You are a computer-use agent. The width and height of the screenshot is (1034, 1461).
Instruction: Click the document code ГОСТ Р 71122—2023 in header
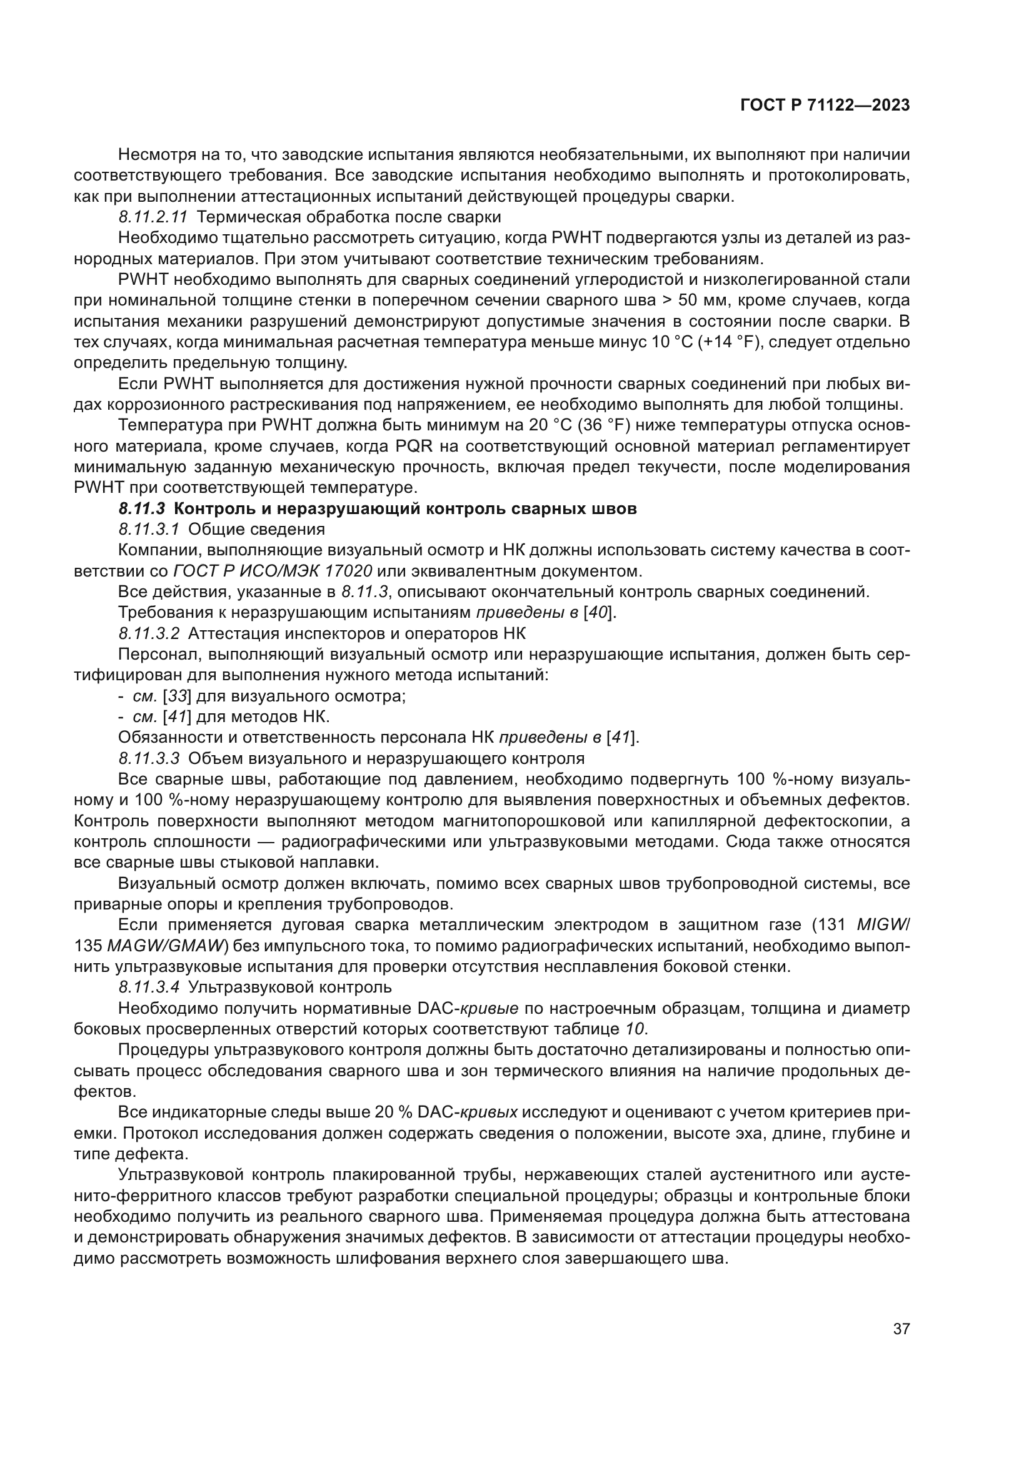click(825, 106)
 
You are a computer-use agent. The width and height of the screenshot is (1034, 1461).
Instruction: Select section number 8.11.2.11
click(153, 217)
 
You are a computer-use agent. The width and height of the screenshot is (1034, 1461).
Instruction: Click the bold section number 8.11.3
click(141, 509)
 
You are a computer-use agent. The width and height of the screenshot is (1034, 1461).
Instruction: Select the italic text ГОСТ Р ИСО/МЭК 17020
click(273, 571)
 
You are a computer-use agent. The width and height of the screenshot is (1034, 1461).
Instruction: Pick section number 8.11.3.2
click(149, 634)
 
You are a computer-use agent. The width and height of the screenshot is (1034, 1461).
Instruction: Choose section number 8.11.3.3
click(149, 758)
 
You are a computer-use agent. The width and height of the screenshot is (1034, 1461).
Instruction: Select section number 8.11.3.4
click(149, 988)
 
